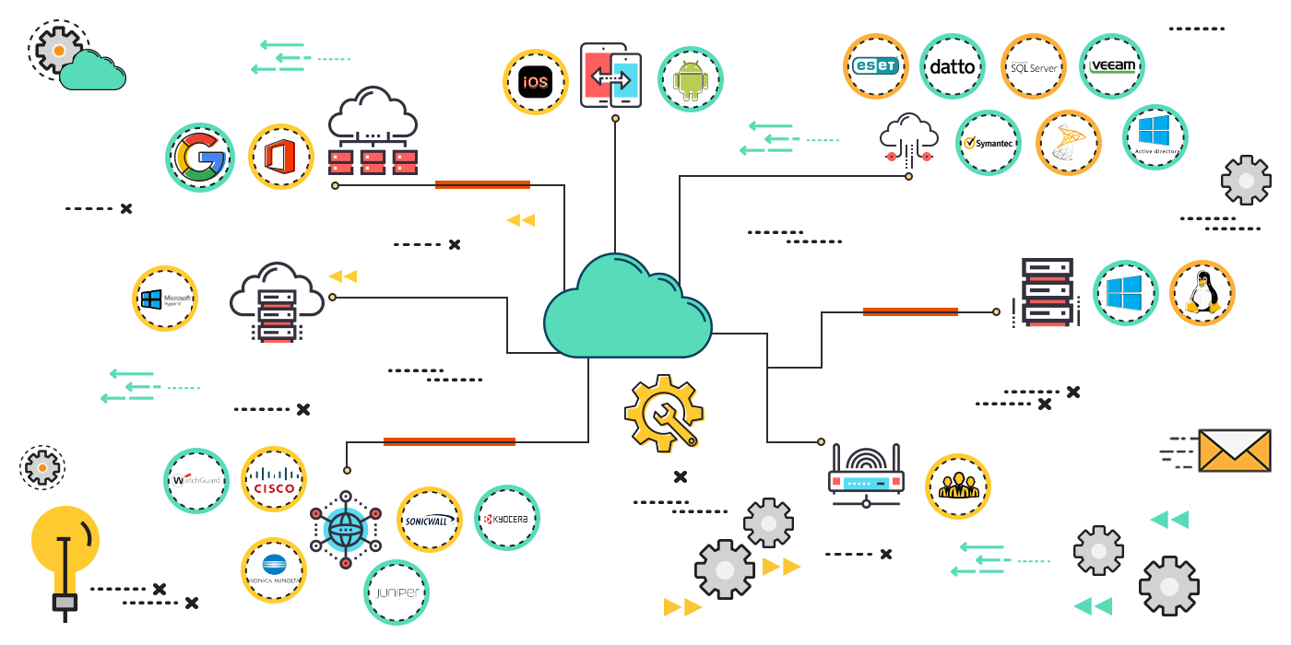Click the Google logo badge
200,158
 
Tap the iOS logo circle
536,82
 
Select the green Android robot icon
690,80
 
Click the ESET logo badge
876,66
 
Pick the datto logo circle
953,66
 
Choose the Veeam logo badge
1112,66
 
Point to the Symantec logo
989,143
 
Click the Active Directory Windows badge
1155,137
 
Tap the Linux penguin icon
1202,293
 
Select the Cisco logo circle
274,479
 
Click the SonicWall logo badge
430,520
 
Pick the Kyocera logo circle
506,518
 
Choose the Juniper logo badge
397,592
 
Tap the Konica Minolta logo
274,570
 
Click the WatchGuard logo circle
196,481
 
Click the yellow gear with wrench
664,411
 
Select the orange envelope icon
1234,451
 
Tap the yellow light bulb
65,544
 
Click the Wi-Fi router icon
867,475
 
